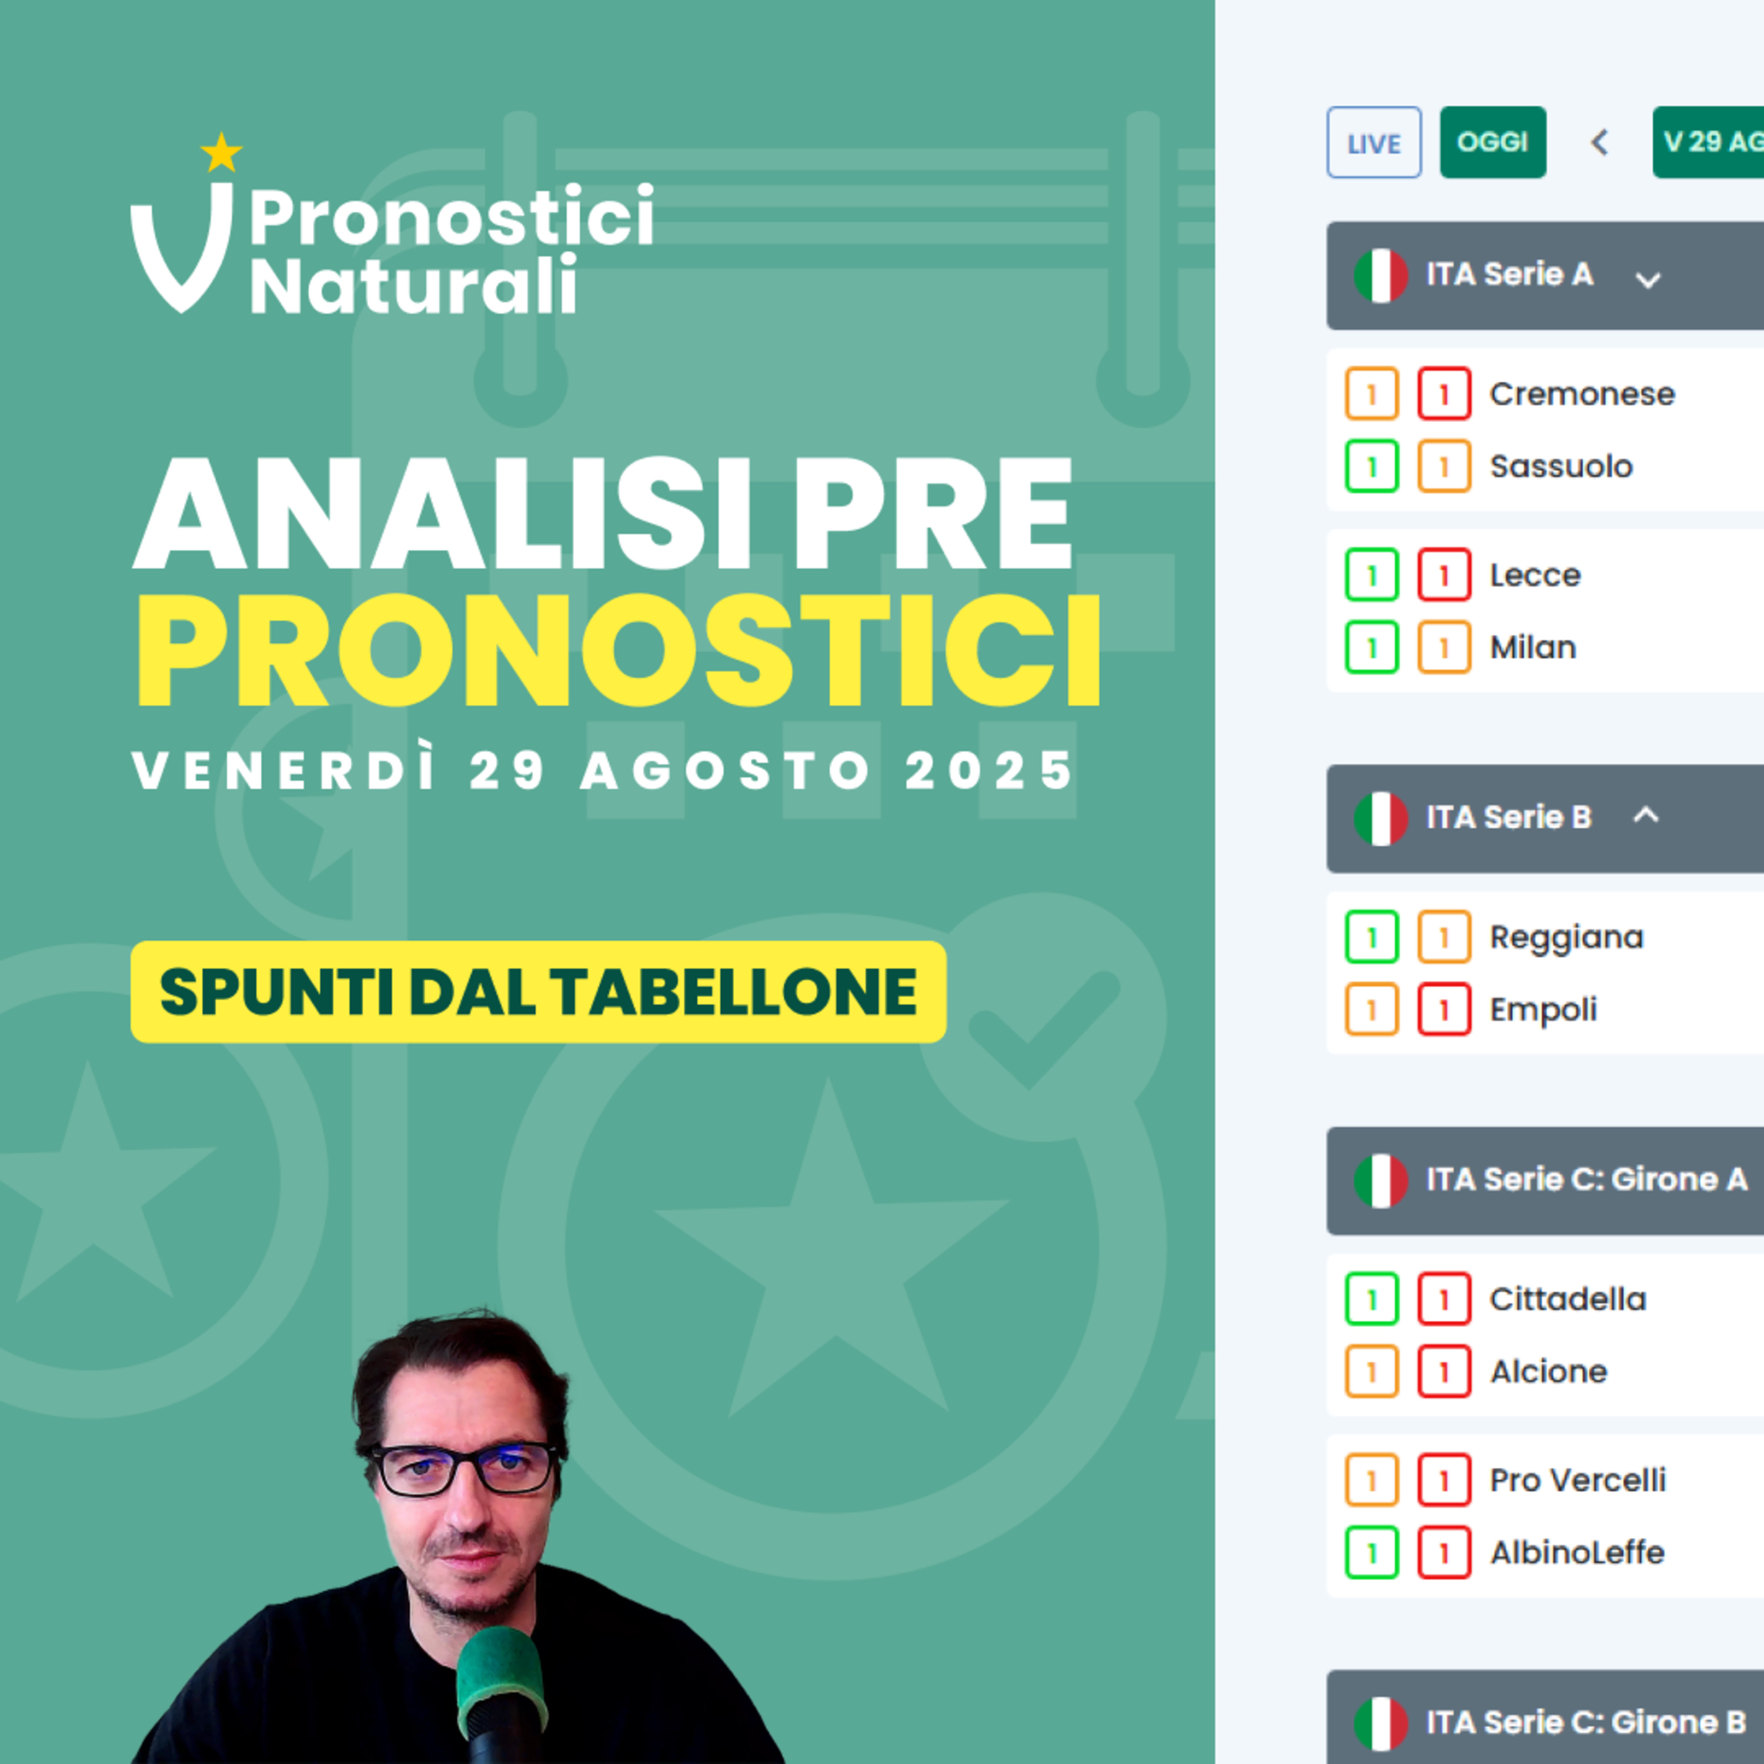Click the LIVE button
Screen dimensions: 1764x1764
pos(1373,142)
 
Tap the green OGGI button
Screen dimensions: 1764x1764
pos(1493,142)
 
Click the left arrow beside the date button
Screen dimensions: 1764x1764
pos(1599,142)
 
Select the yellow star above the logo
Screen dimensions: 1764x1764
pos(221,152)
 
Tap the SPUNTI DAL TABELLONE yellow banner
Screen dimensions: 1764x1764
pos(538,991)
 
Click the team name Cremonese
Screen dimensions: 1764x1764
pos(1582,393)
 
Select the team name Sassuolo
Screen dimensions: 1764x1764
pos(1561,466)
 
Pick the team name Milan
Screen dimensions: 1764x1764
pos(1533,647)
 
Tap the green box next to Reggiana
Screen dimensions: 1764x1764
pos(1371,937)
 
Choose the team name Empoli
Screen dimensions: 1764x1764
pos(1543,1010)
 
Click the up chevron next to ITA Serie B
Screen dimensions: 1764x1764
pos(1645,814)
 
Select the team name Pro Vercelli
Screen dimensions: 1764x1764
pos(1578,1480)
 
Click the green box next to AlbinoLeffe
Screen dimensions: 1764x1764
pos(1371,1552)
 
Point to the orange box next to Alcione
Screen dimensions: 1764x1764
pos(1371,1371)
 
